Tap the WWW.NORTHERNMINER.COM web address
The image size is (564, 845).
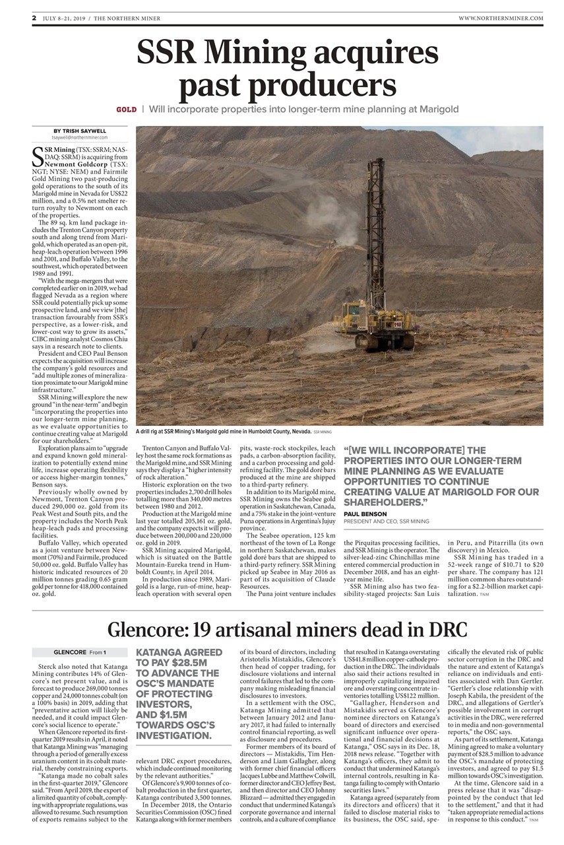click(501, 18)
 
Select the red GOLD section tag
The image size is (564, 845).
click(127, 109)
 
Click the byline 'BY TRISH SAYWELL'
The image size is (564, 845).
click(80, 131)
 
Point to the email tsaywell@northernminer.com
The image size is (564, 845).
click(80, 137)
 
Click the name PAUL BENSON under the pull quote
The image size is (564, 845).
click(365, 514)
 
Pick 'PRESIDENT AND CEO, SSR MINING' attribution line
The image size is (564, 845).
click(387, 522)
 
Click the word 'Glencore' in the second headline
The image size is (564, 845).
click(150, 629)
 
